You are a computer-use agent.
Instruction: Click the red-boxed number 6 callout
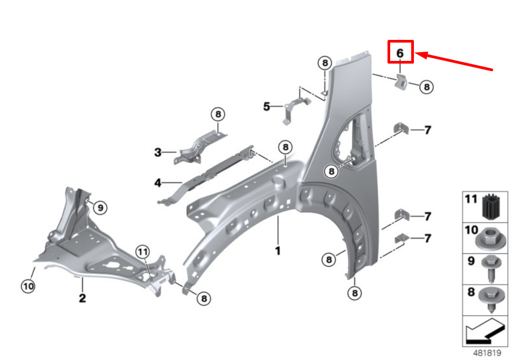[x=400, y=53]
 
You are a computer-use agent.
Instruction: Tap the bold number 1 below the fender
[x=278, y=251]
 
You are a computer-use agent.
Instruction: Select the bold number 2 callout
[x=82, y=297]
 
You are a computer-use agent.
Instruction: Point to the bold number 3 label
[x=158, y=153]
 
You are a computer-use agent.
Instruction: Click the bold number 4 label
[x=158, y=183]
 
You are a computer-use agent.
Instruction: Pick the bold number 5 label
[x=267, y=106]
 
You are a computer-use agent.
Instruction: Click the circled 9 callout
[x=100, y=208]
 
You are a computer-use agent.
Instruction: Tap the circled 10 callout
[x=28, y=286]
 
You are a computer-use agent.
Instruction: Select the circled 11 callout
[x=143, y=252]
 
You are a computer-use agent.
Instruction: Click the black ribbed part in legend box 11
[x=491, y=206]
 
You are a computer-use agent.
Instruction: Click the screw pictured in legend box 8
[x=491, y=300]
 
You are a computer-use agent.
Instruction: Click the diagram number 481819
[x=487, y=353]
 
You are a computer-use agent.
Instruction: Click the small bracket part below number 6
[x=401, y=81]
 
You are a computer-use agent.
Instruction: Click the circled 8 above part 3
[x=218, y=114]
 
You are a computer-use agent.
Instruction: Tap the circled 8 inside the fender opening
[x=331, y=171]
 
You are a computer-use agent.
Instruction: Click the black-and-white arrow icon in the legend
[x=485, y=331]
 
